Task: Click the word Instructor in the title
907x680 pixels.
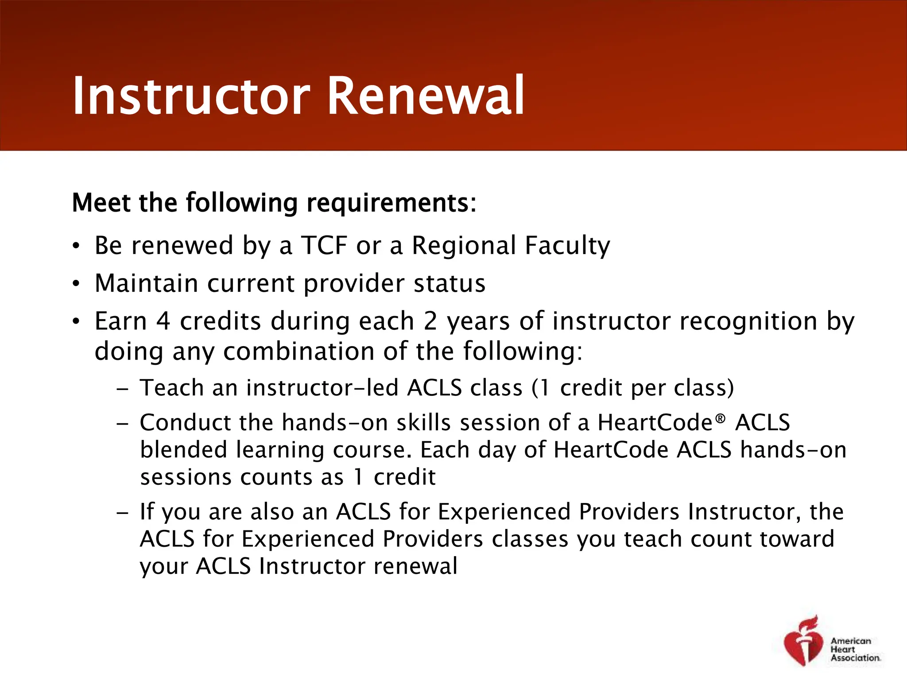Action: (191, 96)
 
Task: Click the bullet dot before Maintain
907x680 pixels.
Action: (77, 283)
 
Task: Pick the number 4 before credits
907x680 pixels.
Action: (163, 321)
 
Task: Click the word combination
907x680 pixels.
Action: (298, 352)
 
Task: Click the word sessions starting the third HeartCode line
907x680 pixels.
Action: (186, 477)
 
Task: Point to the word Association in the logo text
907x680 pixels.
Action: (855, 658)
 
